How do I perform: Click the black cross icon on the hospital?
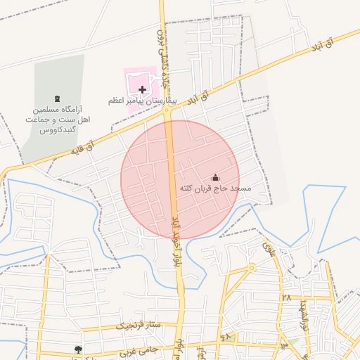(143, 89)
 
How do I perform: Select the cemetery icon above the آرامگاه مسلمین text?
(56, 98)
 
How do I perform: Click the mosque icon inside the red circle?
(215, 178)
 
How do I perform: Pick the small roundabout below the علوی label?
(252, 268)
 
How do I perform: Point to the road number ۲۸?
(286, 297)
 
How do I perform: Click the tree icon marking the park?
(78, 349)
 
